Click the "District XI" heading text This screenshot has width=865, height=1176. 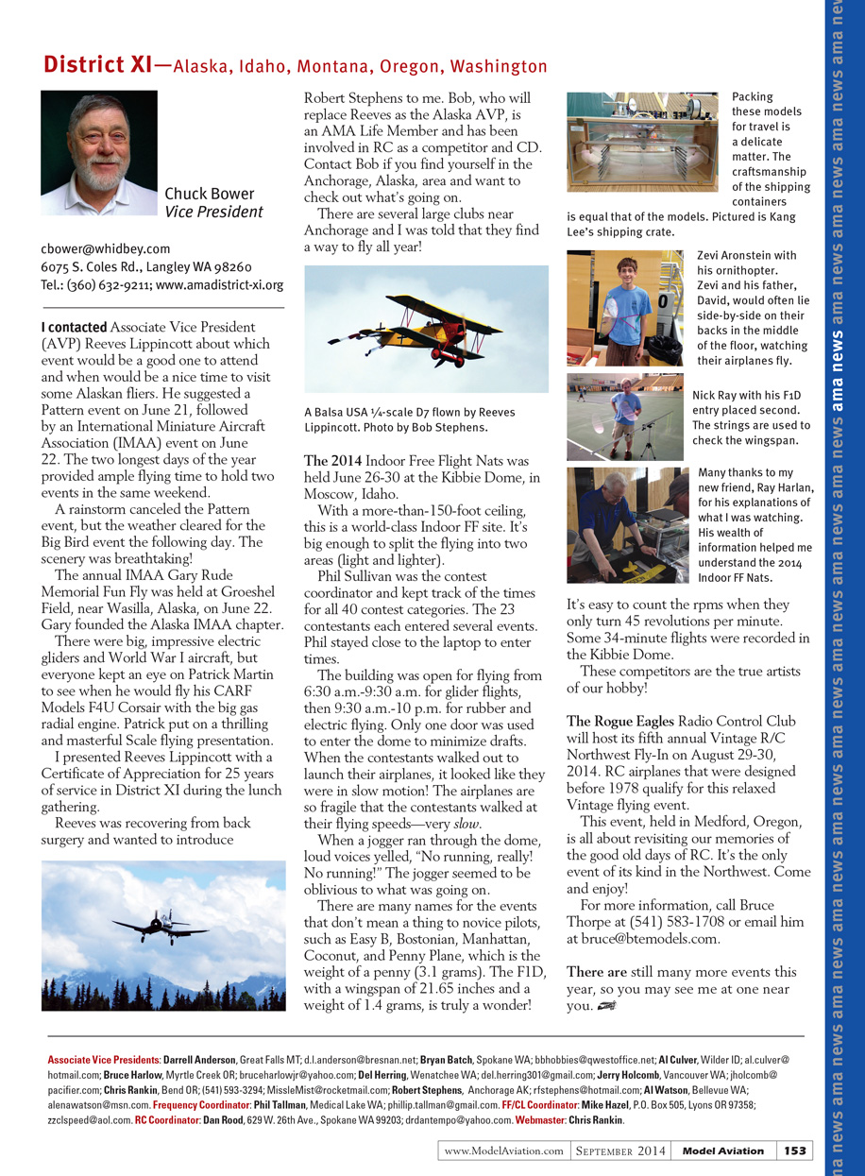97,65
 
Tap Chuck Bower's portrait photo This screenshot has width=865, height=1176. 99,153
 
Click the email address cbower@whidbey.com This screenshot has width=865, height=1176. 105,248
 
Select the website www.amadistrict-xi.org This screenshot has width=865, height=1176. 219,283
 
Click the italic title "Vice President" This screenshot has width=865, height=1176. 213,213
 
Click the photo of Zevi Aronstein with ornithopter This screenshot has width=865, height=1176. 625,308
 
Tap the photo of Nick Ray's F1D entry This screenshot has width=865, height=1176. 625,417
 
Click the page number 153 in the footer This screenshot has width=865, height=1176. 794,1150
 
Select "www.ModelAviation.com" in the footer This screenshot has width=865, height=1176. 503,1150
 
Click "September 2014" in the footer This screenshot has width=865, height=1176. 620,1150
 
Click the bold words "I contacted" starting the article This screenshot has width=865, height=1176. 74,327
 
